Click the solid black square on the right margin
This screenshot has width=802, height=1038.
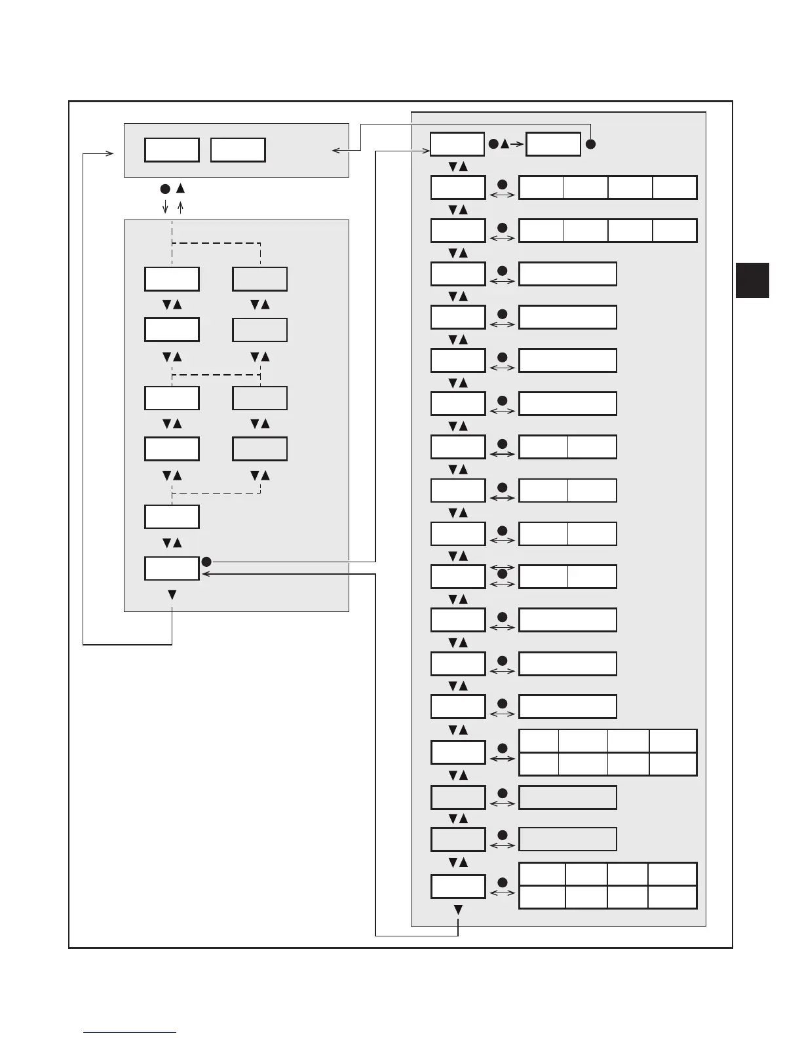pos(752,280)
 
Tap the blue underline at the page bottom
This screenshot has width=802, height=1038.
pos(130,1032)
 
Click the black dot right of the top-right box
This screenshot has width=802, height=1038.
pos(590,144)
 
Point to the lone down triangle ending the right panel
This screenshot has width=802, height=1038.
pos(458,910)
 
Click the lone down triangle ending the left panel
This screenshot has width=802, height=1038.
pos(172,594)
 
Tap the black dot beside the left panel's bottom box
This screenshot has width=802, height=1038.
pos(206,562)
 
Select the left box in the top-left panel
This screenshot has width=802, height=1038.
pos(172,150)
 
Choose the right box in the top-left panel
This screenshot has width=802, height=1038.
pos(238,150)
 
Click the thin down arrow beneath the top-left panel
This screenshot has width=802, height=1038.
pos(165,207)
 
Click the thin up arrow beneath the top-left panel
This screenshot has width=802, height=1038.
pos(181,207)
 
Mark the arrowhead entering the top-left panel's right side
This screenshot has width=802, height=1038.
pos(335,151)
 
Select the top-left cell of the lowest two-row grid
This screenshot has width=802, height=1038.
pos(542,874)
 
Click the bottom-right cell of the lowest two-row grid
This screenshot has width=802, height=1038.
pos(672,897)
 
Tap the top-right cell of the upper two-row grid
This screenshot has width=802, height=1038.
pos(672,741)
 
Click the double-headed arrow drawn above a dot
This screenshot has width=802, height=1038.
pos(503,567)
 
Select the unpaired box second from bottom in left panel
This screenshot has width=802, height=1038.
pos(172,516)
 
